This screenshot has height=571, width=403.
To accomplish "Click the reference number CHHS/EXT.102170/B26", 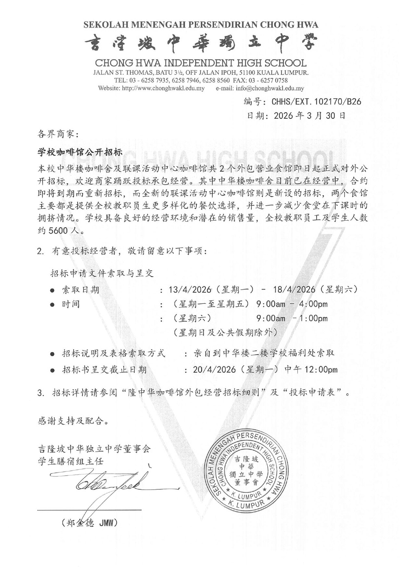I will [x=316, y=102].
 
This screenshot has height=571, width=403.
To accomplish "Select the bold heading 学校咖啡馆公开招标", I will [x=80, y=152].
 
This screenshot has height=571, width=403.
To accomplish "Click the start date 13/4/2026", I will [x=190, y=289].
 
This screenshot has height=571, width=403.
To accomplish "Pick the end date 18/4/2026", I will [x=294, y=289].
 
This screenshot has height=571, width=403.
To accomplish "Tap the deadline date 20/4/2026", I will [x=214, y=369].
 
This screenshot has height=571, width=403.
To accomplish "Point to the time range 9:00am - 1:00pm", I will [x=292, y=318].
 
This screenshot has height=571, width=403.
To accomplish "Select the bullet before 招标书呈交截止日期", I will [x=52, y=370].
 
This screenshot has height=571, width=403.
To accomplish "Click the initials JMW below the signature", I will [x=106, y=523].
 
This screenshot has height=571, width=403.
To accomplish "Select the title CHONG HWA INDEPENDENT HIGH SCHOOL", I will [x=200, y=63].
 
